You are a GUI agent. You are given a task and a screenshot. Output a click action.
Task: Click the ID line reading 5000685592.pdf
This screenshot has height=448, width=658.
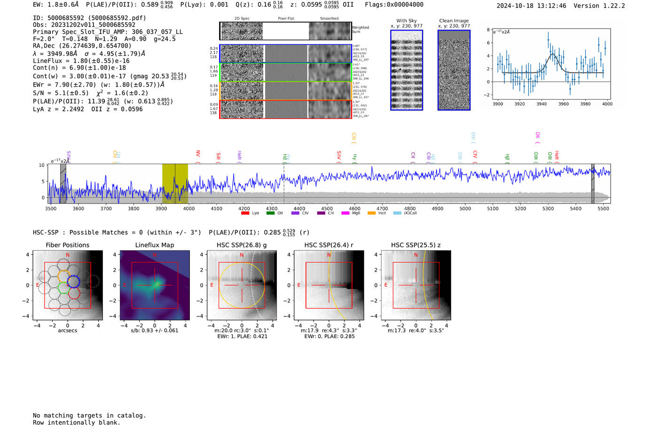point(89,18)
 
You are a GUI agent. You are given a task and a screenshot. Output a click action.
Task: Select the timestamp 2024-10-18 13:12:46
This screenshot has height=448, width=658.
point(531,6)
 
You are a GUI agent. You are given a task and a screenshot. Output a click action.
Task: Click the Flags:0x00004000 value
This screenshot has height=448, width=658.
point(394,5)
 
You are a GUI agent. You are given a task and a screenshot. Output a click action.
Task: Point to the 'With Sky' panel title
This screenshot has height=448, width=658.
point(407,21)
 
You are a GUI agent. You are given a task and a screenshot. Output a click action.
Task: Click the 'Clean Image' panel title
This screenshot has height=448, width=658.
point(454,21)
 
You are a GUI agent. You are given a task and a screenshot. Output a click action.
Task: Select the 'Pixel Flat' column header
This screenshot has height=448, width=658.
point(286,19)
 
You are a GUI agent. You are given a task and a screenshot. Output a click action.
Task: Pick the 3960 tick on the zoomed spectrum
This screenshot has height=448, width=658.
point(564,104)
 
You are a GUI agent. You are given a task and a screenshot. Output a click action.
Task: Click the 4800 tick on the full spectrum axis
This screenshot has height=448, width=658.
point(410,208)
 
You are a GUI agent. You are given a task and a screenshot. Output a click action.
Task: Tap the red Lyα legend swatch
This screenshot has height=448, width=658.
point(245,213)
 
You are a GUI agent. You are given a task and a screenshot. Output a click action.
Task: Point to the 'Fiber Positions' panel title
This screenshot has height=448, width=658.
point(67,245)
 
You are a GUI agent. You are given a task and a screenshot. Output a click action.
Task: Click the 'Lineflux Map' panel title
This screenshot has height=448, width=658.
point(155,245)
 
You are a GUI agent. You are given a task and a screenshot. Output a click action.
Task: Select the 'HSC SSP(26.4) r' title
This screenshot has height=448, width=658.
point(329,245)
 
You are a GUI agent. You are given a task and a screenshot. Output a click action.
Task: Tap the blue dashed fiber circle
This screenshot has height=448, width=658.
point(73,282)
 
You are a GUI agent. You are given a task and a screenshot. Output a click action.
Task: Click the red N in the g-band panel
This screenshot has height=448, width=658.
point(242,255)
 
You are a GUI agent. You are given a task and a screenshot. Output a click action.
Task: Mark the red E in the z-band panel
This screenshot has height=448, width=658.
point(386,285)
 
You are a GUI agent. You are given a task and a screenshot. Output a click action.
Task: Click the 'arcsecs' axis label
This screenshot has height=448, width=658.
point(67,330)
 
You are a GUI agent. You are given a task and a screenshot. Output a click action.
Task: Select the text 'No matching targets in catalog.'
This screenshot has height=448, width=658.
point(89,416)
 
